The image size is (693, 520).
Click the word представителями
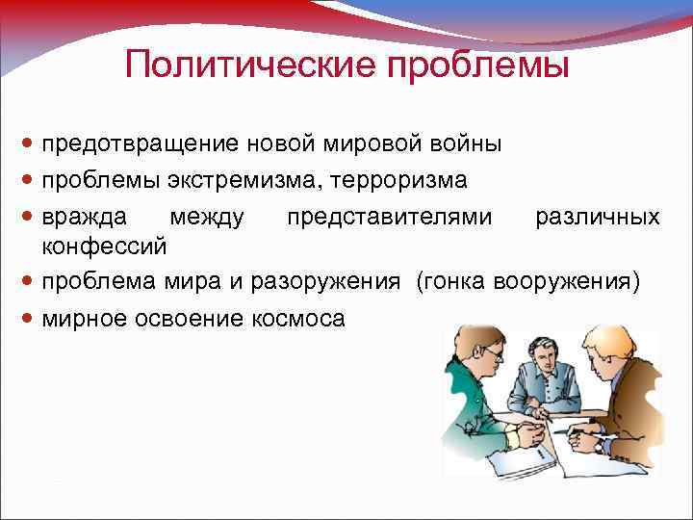389,217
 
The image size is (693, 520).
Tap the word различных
597,217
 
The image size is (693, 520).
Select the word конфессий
105,247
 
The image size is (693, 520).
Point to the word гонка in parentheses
454,282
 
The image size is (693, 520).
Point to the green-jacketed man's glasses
492,356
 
